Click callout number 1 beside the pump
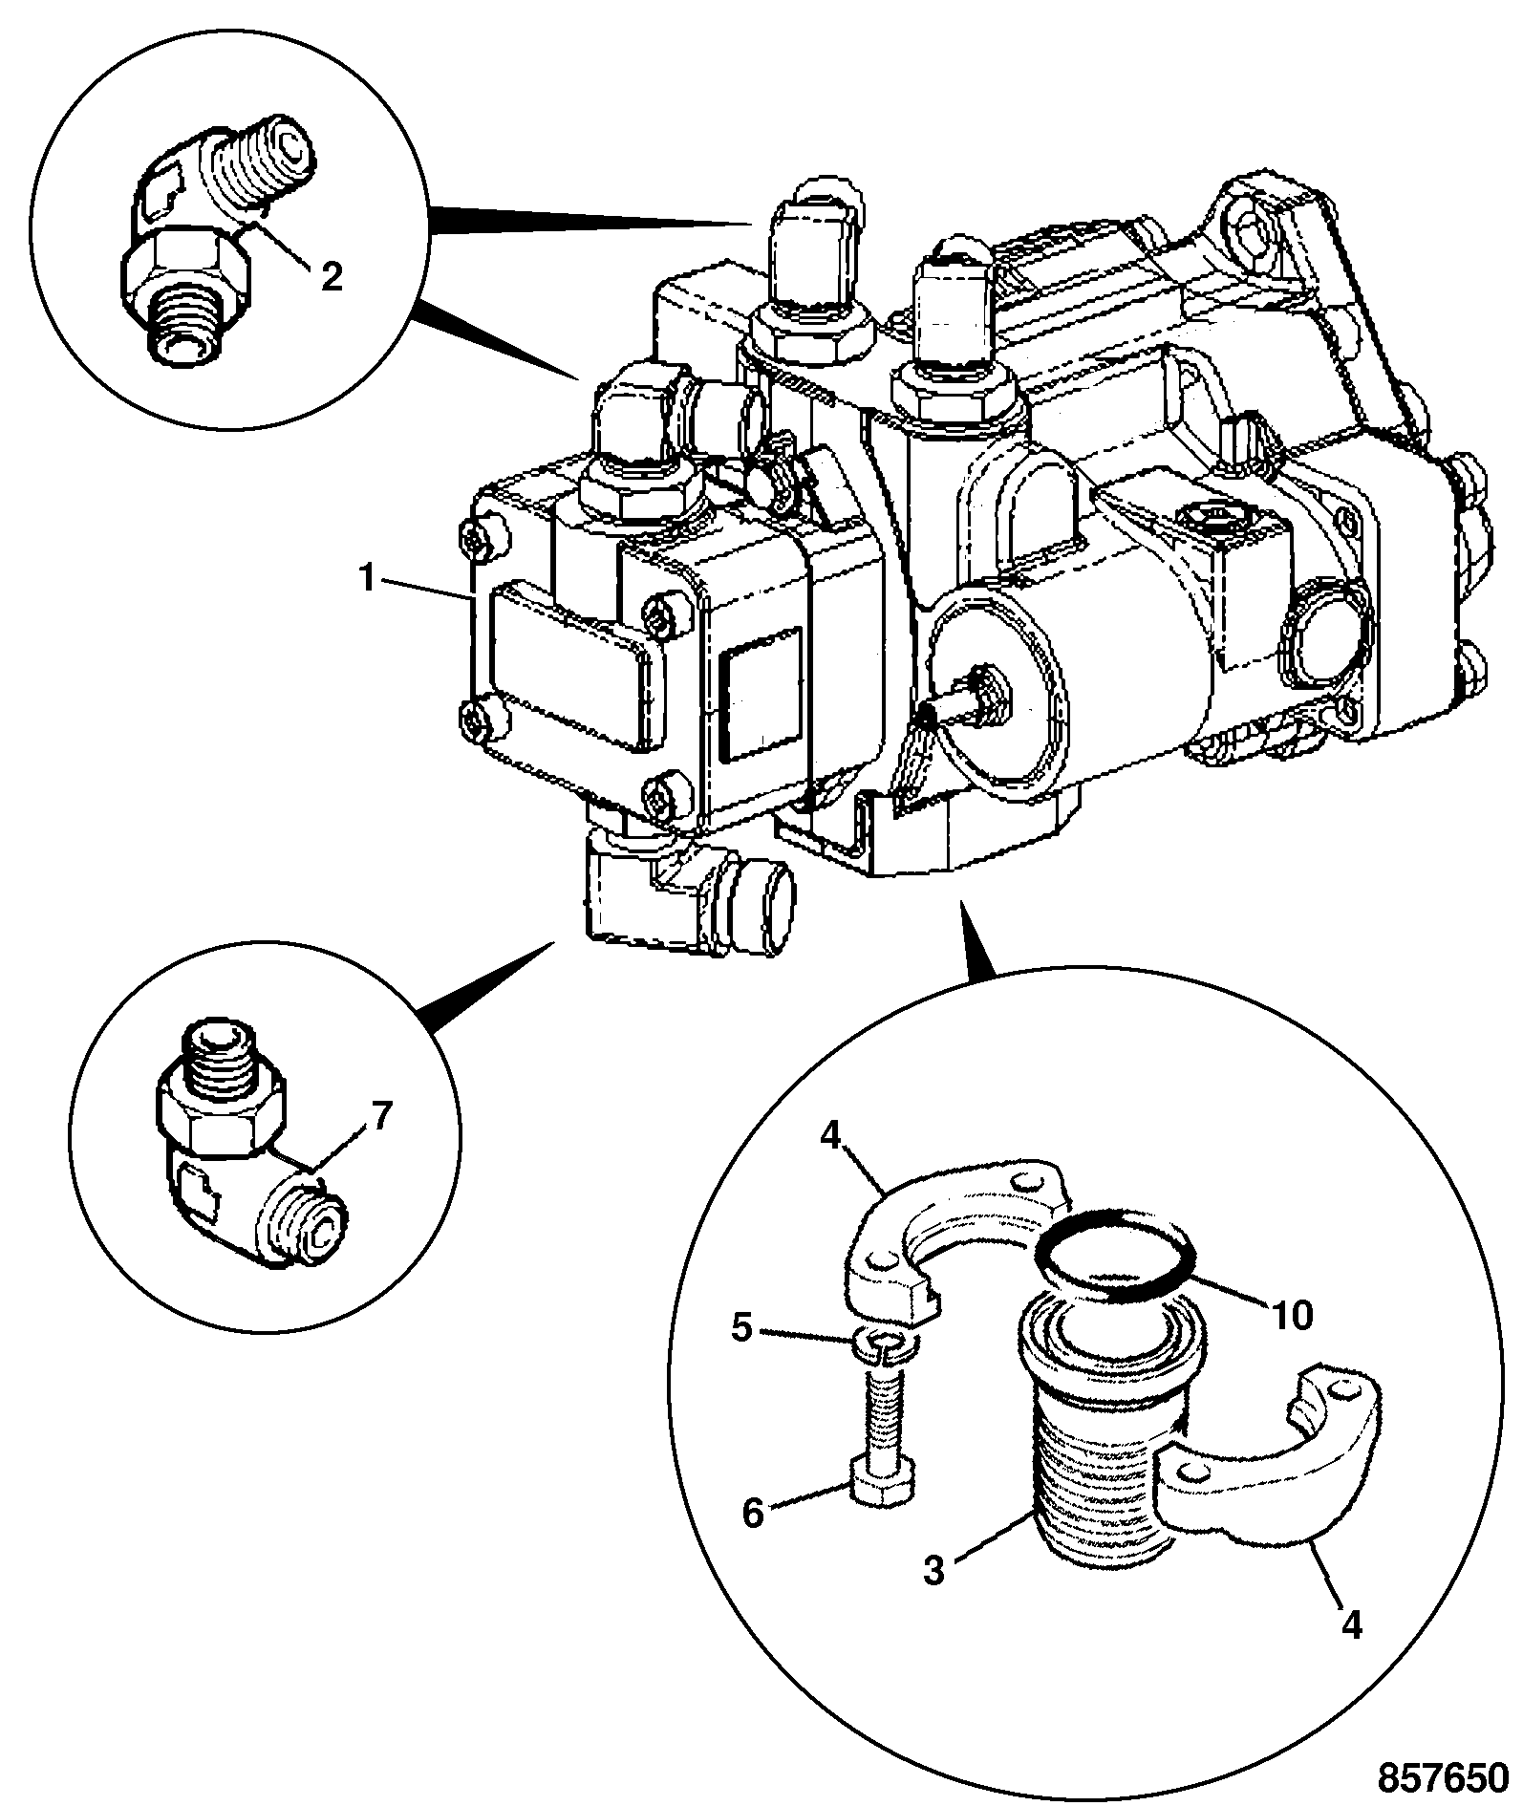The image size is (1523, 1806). (x=368, y=580)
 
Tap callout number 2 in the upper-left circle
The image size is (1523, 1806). (x=332, y=277)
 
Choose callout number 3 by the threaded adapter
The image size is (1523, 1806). (x=933, y=1570)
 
